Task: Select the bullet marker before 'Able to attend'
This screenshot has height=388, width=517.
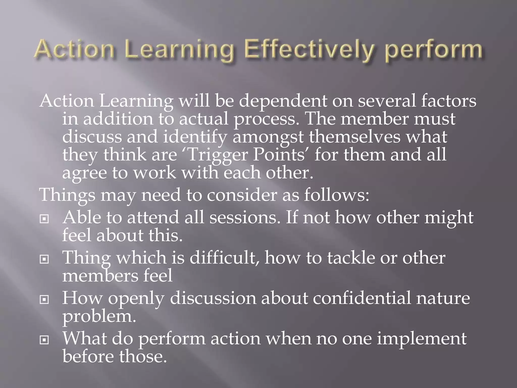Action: point(44,219)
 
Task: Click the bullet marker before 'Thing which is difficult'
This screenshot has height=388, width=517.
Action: point(44,259)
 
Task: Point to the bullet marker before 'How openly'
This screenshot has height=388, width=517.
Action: point(44,300)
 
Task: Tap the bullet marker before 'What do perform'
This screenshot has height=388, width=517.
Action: point(44,340)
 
